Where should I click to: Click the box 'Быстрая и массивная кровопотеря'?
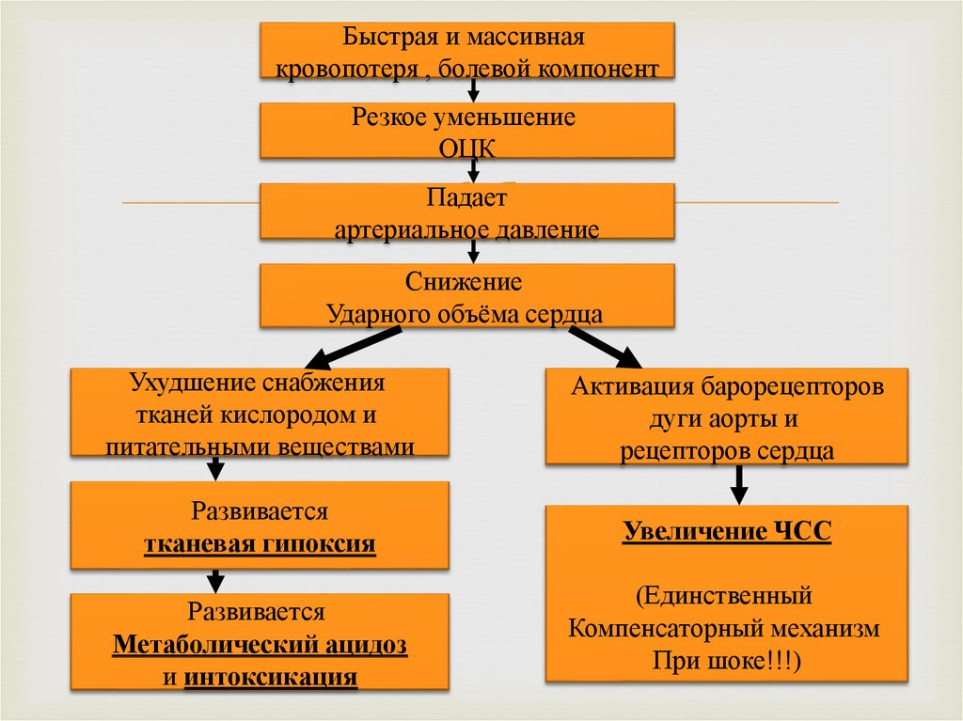[466, 52]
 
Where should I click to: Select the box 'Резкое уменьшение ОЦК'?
[466, 131]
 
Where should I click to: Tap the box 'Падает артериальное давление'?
[466, 211]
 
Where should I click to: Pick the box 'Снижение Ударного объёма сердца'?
[466, 296]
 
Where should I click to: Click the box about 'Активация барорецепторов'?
[727, 417]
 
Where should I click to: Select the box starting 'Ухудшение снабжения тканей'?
[260, 415]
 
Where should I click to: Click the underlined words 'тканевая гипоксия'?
[260, 544]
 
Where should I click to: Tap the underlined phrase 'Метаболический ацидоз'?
[260, 647]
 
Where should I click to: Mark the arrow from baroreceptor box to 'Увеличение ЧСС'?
[739, 484]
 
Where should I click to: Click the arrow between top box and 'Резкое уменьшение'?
[473, 90]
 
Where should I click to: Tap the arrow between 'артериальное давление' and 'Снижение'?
[473, 250]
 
